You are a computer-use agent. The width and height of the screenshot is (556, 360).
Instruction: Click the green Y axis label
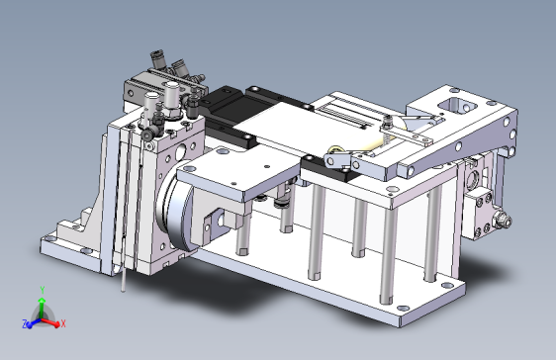click(x=43, y=290)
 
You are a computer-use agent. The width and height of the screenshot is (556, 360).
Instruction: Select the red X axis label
click(x=63, y=323)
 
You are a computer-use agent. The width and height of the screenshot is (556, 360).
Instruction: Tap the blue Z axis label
click(x=25, y=323)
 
